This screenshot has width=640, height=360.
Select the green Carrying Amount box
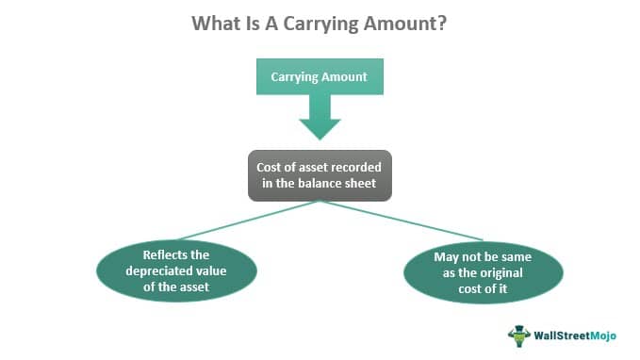pos(320,77)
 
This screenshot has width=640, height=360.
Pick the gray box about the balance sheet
pos(320,174)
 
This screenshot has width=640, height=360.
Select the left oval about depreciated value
pos(177,271)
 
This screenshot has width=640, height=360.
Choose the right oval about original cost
pos(483,271)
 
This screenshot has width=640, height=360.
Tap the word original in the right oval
pos(495,271)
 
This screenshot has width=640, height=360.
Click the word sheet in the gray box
pos(359,183)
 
